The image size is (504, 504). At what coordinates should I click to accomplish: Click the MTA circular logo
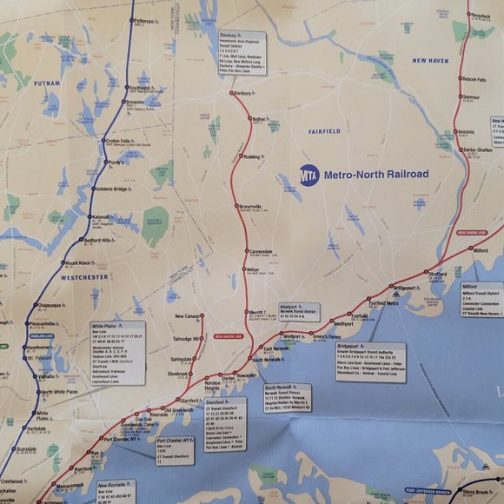click(x=308, y=174)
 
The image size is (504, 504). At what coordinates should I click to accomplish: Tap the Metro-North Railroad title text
click(x=375, y=174)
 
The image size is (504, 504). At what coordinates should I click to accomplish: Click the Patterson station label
click(x=145, y=19)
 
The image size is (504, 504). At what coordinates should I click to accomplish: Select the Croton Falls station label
click(x=118, y=141)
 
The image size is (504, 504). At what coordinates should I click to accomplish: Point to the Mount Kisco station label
click(x=76, y=262)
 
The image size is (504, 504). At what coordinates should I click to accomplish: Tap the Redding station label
click(x=252, y=156)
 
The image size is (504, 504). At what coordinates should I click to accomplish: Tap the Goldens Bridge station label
click(x=112, y=189)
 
